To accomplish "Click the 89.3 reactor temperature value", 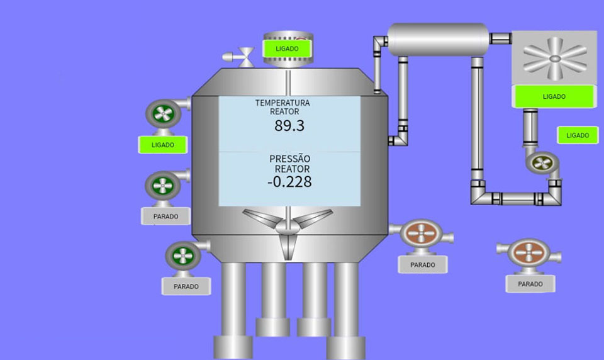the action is [289, 126].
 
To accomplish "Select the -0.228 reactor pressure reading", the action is [289, 181].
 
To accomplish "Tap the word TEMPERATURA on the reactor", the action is [282, 103].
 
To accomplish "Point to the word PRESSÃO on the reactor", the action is [289, 159].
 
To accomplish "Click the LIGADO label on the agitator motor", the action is [287, 48].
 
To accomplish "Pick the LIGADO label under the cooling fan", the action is [554, 96].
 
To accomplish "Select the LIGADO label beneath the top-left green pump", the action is [162, 145].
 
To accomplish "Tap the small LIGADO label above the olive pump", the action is [578, 135].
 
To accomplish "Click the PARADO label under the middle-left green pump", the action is [165, 217].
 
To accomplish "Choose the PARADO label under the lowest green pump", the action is [186, 286].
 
